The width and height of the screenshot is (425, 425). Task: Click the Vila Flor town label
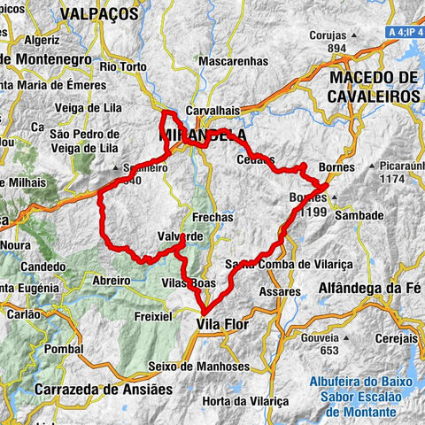coord(221,325)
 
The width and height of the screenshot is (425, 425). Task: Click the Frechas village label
coord(212,216)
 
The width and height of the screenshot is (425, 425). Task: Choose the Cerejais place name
coord(396,339)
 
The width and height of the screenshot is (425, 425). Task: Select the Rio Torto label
coord(121,66)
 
